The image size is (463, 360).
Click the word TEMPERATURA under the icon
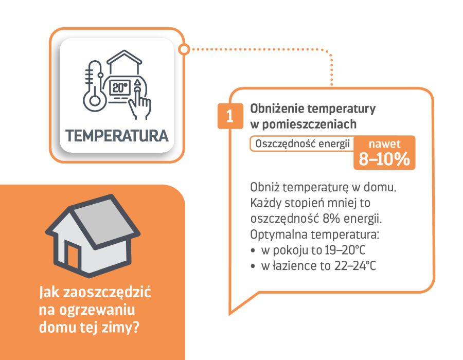(117, 136)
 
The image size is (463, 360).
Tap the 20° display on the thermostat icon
(120, 87)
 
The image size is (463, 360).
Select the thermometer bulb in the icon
(95, 100)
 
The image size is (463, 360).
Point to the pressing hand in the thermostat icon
(140, 101)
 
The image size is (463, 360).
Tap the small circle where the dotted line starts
(184, 49)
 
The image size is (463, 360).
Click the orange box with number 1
(230, 116)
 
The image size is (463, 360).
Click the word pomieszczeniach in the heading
(309, 124)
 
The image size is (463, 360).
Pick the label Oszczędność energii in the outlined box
(302, 144)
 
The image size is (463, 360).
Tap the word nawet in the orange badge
(384, 143)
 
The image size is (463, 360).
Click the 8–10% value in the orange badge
(384, 159)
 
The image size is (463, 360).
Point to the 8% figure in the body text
(332, 219)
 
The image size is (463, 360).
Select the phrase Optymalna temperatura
(314, 235)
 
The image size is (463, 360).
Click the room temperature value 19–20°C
(345, 250)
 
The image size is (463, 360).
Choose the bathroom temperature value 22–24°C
(355, 266)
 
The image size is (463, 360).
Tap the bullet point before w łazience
(253, 266)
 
